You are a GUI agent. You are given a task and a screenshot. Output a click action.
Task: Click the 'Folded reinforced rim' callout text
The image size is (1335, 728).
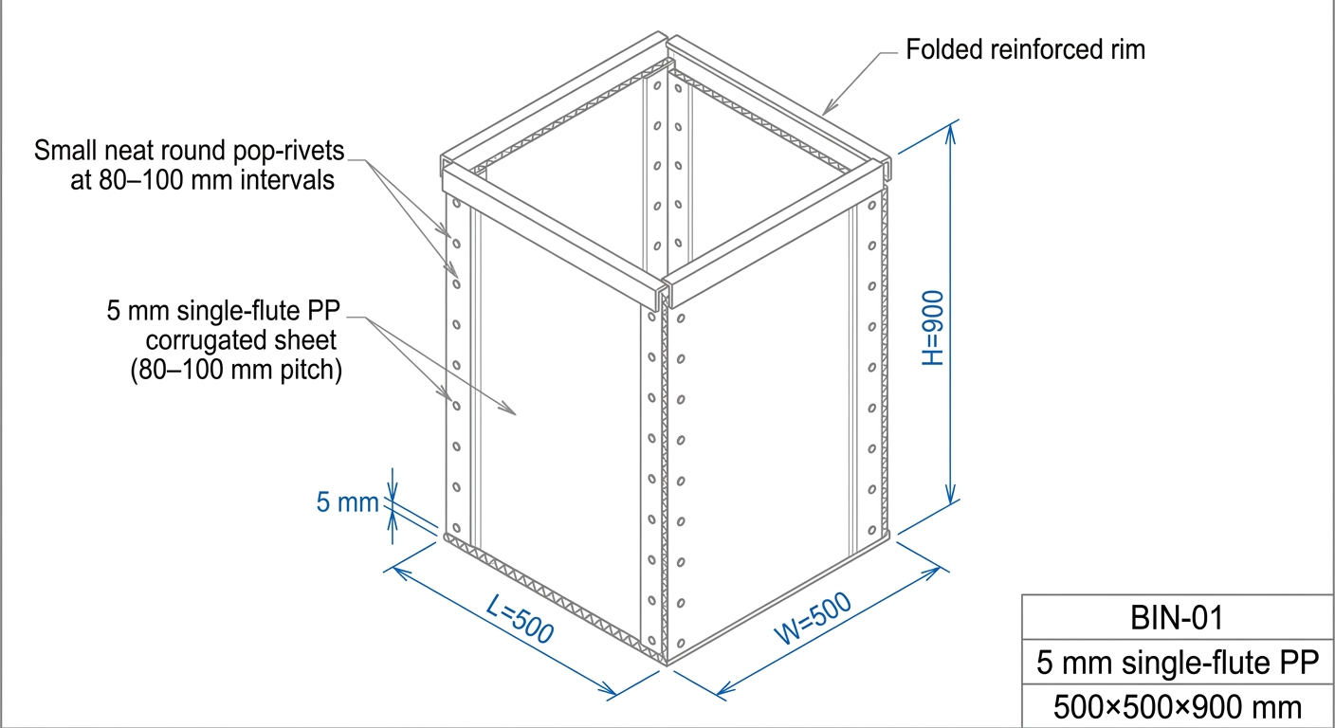pos(1026,49)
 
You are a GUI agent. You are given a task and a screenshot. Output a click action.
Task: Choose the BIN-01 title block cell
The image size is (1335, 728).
pos(1178,619)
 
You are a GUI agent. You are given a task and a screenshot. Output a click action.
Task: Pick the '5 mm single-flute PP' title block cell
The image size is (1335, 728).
pos(1178,663)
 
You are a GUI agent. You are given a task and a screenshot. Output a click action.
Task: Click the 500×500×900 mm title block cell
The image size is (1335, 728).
pos(1178,707)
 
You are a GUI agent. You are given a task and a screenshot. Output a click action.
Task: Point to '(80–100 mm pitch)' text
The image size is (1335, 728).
pos(235,371)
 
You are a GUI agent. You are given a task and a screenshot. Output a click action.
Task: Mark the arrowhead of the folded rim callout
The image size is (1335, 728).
pos(824,111)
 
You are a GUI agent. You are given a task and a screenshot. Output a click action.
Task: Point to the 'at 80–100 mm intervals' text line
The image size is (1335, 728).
pos(201,180)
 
